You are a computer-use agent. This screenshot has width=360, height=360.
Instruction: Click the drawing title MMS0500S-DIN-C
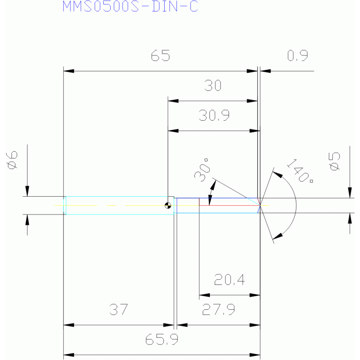point(130,6)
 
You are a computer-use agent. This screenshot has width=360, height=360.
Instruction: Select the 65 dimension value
point(161,55)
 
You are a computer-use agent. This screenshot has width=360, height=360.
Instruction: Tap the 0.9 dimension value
point(298,55)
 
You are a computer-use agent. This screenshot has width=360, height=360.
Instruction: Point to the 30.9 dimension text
point(214,115)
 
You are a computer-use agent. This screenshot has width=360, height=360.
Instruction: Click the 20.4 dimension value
point(230,279)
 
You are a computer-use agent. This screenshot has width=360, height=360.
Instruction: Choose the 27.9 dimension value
point(219,309)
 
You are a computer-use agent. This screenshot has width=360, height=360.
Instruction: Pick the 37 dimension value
point(118,309)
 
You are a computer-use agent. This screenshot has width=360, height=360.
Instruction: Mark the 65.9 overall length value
point(162,339)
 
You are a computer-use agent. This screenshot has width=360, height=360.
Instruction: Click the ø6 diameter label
point(12,160)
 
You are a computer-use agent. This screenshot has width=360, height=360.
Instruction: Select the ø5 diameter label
point(335,161)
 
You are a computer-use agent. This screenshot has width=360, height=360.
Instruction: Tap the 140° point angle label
point(300,170)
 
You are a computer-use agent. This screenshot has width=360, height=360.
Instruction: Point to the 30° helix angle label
point(202,170)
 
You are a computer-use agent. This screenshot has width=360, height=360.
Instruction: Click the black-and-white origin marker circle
point(168,206)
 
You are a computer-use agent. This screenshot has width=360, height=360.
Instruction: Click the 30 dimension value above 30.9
point(213,85)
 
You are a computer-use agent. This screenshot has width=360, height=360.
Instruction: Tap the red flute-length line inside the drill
point(230,205)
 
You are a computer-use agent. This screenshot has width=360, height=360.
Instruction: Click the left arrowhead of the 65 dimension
point(69,71)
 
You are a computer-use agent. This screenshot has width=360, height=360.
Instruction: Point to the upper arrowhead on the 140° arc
point(277,175)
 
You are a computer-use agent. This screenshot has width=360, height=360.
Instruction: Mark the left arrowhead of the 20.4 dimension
point(204,295)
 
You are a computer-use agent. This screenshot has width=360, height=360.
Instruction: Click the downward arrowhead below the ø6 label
point(27,191)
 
